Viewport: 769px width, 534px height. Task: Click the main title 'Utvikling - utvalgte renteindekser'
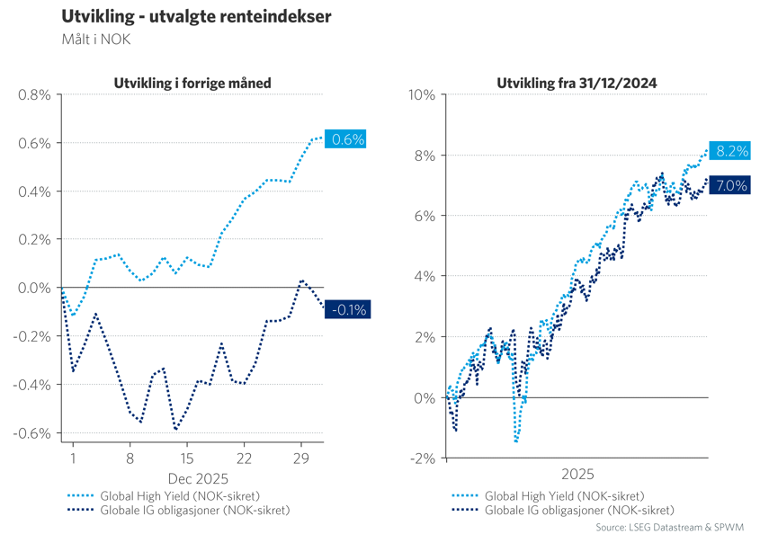pyautogui.click(x=195, y=16)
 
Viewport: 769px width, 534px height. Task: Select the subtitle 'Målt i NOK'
pyautogui.click(x=96, y=39)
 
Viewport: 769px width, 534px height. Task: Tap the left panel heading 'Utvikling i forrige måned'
pyautogui.click(x=192, y=84)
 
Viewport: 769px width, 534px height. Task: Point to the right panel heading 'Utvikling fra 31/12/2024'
pyautogui.click(x=577, y=84)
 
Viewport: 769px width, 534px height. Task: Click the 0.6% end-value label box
pyautogui.click(x=347, y=140)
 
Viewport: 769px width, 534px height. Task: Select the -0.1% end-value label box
pyautogui.click(x=347, y=310)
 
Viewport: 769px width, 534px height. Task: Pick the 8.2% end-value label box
pyautogui.click(x=730, y=151)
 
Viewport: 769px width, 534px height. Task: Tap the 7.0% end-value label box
pyautogui.click(x=730, y=186)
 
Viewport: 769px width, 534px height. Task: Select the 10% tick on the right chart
pyautogui.click(x=422, y=94)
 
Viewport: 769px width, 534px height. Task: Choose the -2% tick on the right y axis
pyautogui.click(x=422, y=458)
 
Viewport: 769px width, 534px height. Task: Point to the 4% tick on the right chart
pyautogui.click(x=425, y=277)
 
